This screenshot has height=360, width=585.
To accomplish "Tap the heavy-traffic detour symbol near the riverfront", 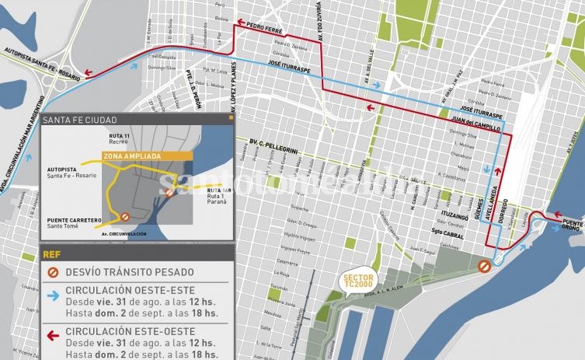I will [483, 267].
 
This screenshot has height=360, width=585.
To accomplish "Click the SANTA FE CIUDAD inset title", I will [80, 120].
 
